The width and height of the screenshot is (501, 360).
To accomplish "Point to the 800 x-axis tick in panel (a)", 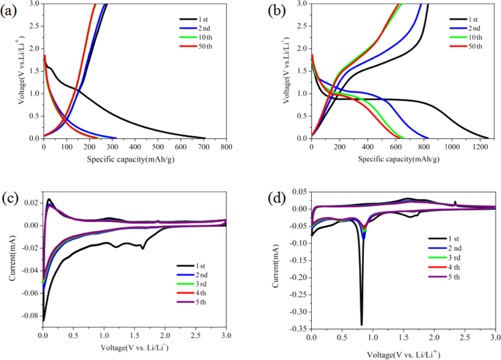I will [x=226, y=147].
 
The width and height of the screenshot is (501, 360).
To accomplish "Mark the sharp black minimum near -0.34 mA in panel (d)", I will [x=362, y=325].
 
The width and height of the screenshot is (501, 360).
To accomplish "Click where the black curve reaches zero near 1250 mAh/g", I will [x=488, y=138].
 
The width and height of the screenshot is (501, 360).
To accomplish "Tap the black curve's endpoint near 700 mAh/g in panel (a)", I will [x=205, y=138].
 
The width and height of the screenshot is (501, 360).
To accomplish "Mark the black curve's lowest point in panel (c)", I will [x=43, y=321].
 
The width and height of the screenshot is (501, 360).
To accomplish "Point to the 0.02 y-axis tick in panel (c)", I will [x=30, y=203].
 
